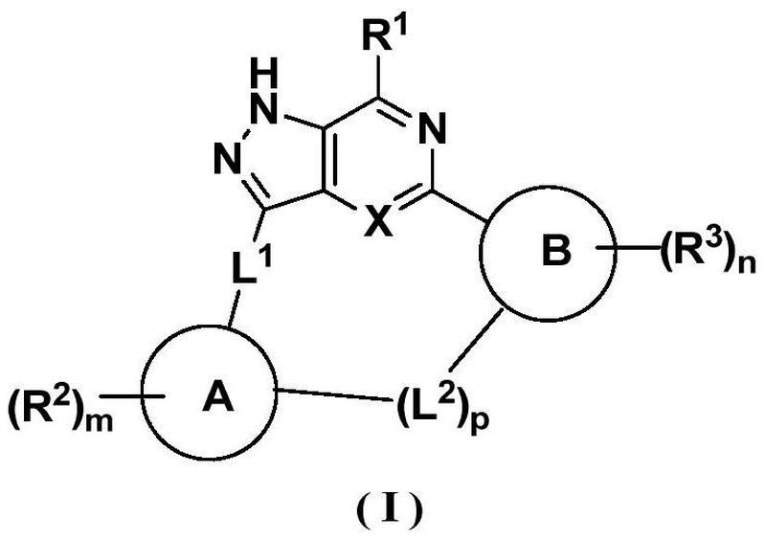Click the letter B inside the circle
tap(555, 253)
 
